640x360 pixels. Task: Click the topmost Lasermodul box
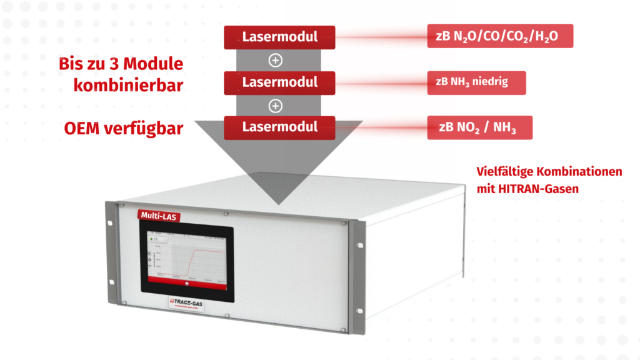(279, 37)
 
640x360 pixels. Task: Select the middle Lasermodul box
(279, 82)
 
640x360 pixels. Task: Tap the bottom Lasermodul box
(279, 127)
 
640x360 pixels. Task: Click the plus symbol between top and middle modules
(274, 60)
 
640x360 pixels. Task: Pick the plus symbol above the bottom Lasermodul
(274, 106)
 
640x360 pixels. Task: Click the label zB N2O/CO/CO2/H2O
(500, 37)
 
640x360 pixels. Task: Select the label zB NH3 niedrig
(476, 82)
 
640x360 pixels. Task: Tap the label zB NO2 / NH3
(480, 127)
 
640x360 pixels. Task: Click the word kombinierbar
(128, 85)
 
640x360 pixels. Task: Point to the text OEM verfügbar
(124, 129)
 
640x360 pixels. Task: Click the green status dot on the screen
(151, 239)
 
